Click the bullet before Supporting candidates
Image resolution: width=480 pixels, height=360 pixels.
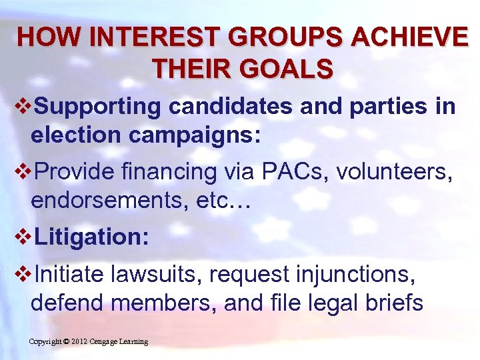tap(25, 106)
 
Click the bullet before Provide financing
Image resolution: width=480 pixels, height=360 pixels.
tap(25, 173)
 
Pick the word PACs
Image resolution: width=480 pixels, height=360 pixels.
tap(293, 172)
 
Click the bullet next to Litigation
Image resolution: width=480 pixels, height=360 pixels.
tap(25, 238)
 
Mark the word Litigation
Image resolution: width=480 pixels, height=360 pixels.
tap(91, 238)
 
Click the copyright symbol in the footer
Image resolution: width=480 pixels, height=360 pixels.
tap(67, 342)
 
